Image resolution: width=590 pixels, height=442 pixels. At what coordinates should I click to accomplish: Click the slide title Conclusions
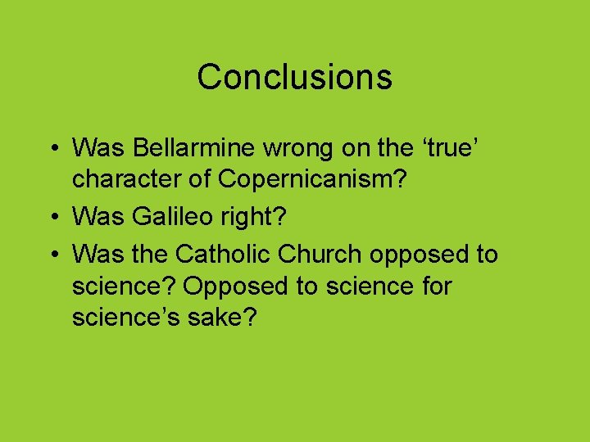pos(294,77)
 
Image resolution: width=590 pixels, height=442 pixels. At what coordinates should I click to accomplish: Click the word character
pos(128,179)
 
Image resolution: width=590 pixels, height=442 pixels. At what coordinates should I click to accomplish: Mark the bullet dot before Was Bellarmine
pos(54,149)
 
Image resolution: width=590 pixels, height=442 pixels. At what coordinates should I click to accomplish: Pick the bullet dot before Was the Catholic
pos(54,255)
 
